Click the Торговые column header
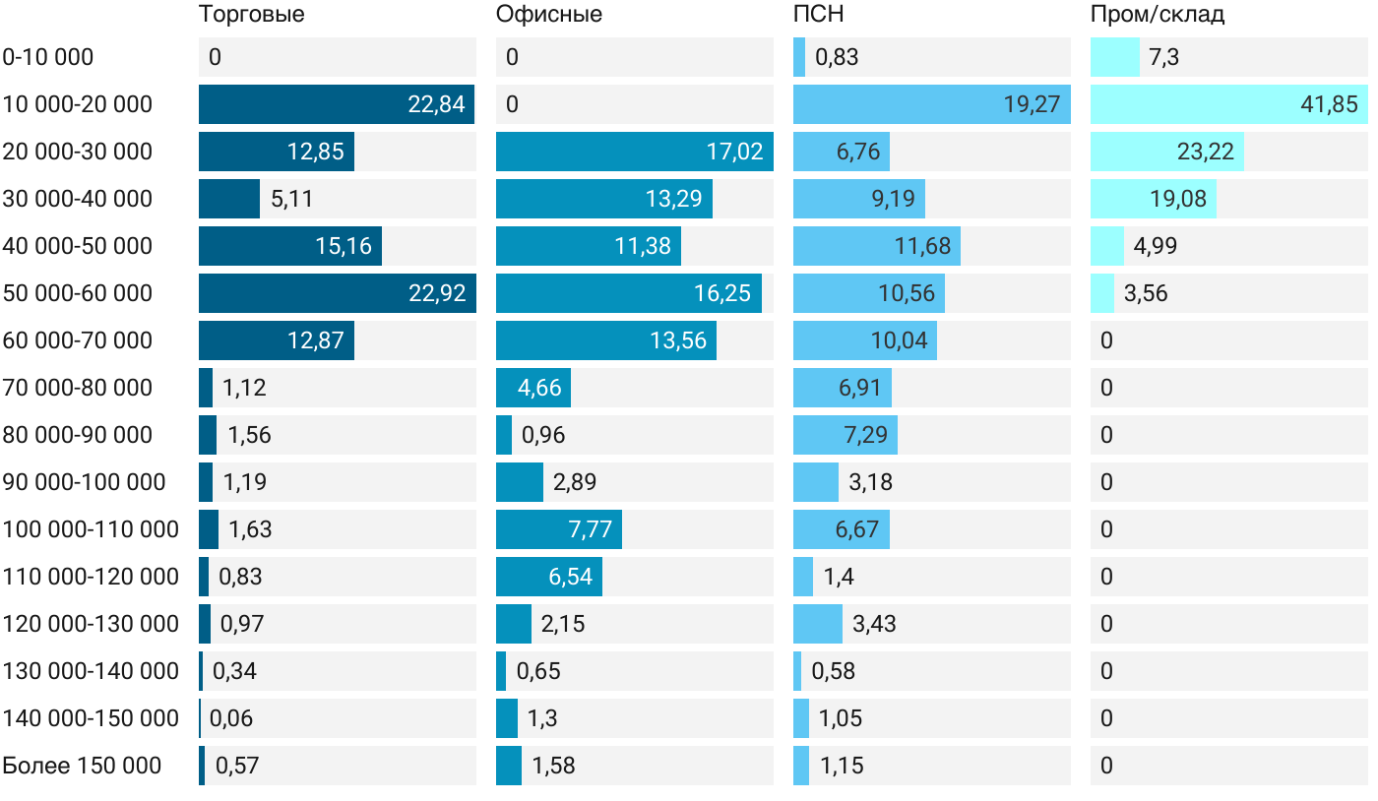click(x=251, y=15)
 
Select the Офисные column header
click(x=549, y=15)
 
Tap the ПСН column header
click(x=819, y=15)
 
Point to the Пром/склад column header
click(x=1158, y=15)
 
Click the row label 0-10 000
click(x=48, y=57)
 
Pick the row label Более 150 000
click(x=82, y=766)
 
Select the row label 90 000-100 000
click(x=84, y=482)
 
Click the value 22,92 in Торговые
click(x=436, y=293)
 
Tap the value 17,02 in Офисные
click(x=734, y=152)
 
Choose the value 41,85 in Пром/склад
click(x=1329, y=104)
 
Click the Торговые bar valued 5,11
click(x=228, y=199)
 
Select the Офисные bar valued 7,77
click(x=558, y=529)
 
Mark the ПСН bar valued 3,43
click(x=817, y=624)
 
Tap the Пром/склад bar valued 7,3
click(x=1114, y=57)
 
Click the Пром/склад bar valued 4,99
click(x=1106, y=246)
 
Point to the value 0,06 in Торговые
click(x=231, y=718)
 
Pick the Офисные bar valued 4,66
click(x=532, y=388)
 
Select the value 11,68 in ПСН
click(x=922, y=246)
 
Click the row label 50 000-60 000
click(x=78, y=293)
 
